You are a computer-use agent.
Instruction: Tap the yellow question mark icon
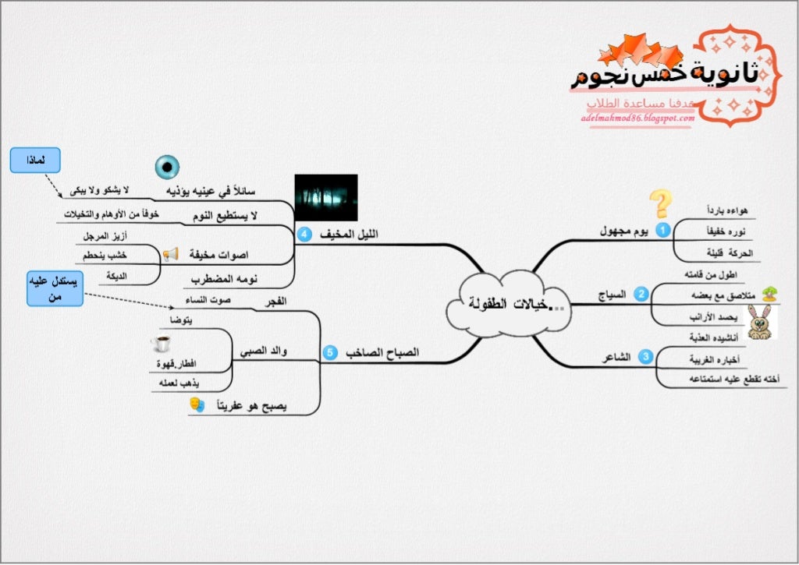pyautogui.click(x=661, y=204)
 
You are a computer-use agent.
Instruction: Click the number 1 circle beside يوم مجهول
pyautogui.click(x=662, y=230)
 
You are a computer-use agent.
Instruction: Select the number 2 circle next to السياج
pyautogui.click(x=641, y=294)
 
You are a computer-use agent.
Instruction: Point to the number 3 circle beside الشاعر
pyautogui.click(x=645, y=357)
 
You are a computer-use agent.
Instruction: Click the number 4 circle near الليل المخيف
pyautogui.click(x=304, y=233)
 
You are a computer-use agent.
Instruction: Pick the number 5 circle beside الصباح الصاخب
pyautogui.click(x=329, y=353)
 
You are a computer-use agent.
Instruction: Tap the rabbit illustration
pyautogui.click(x=761, y=321)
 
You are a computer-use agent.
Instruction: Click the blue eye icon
pyautogui.click(x=166, y=166)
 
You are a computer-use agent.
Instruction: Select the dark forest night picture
pyautogui.click(x=326, y=198)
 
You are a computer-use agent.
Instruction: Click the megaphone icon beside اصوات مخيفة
pyautogui.click(x=170, y=254)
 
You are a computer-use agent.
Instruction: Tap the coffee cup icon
pyautogui.click(x=162, y=344)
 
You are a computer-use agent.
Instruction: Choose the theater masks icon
pyautogui.click(x=197, y=404)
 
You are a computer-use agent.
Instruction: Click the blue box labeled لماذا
pyautogui.click(x=35, y=161)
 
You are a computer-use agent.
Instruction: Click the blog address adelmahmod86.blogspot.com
pyautogui.click(x=637, y=118)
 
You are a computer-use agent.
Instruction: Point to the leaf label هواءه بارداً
pyautogui.click(x=726, y=210)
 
